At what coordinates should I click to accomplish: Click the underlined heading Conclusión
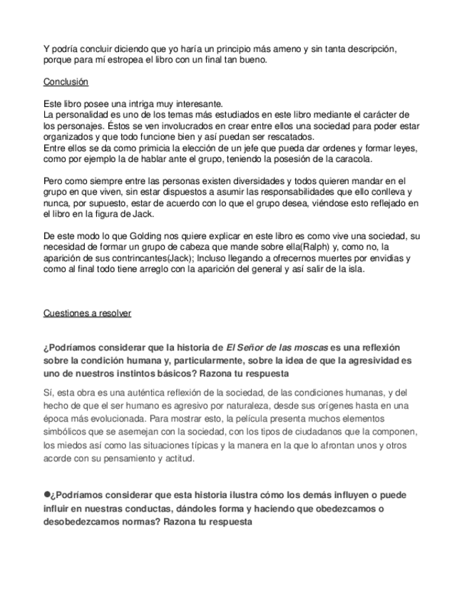(66, 82)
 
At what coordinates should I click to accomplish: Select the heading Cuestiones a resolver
(87, 313)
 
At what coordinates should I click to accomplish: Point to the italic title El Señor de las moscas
(277, 347)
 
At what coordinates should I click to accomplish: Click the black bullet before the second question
(47, 494)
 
